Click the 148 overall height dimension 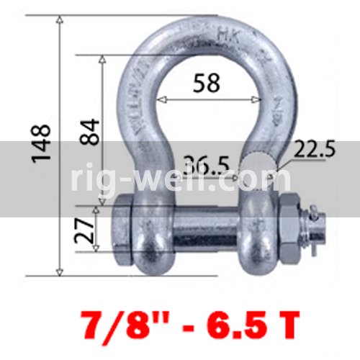(41, 142)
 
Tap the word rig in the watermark (96, 180)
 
